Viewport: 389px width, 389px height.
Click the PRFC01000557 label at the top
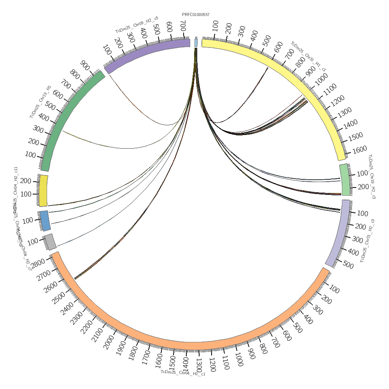196,15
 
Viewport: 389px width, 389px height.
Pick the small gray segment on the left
50,242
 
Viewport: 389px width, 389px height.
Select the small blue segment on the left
45,221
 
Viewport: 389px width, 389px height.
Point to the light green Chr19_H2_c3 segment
345,180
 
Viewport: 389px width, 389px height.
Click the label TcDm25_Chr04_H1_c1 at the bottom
183,372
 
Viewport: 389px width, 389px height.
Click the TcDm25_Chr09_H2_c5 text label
137,25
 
